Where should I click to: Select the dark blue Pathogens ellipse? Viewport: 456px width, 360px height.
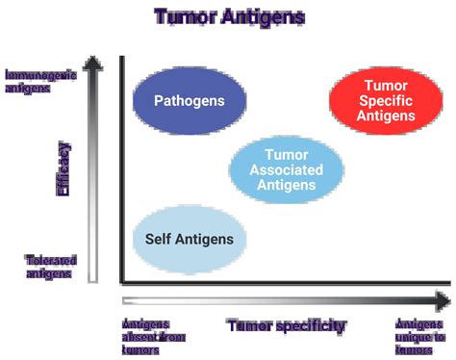point(189,100)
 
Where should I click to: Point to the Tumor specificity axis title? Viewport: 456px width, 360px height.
point(285,325)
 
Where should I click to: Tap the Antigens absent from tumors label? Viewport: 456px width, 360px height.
point(153,336)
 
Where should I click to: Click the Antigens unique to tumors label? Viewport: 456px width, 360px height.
point(420,336)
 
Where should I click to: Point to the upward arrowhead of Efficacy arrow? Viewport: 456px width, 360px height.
point(93,64)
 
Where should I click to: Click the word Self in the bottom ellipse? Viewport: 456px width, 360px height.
point(159,239)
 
